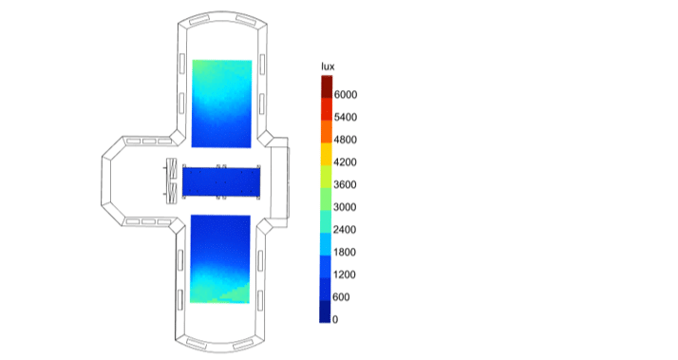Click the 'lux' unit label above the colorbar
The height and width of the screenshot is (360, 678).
click(328, 66)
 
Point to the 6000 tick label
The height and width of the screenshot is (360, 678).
click(346, 95)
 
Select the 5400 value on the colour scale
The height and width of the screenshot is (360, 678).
click(346, 117)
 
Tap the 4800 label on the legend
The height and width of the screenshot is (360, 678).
click(346, 140)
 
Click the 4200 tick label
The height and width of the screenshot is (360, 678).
click(346, 162)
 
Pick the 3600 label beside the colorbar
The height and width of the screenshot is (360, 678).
click(346, 185)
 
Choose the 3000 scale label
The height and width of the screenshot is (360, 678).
click(346, 207)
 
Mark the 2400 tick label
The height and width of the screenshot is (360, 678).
click(345, 230)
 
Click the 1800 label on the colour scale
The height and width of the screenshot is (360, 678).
click(345, 253)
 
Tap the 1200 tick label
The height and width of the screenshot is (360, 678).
click(345, 275)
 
